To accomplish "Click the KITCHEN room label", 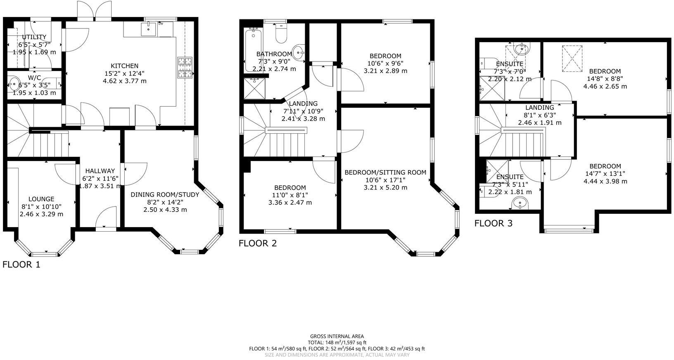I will tap(124, 66).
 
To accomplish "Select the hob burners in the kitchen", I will tap(185, 68).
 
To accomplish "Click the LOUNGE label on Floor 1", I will tap(41, 199).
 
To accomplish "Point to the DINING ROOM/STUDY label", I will tap(165, 194).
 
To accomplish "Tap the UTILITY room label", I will tap(34, 37).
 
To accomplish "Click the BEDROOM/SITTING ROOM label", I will tap(385, 172).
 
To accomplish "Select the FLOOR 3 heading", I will tap(493, 223).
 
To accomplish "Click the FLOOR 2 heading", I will tap(258, 243).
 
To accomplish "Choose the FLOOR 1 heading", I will tap(21, 265).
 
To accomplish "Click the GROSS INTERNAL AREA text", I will tap(337, 336).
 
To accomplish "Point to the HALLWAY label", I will tap(100, 171).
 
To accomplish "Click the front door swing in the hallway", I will tap(106, 217).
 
